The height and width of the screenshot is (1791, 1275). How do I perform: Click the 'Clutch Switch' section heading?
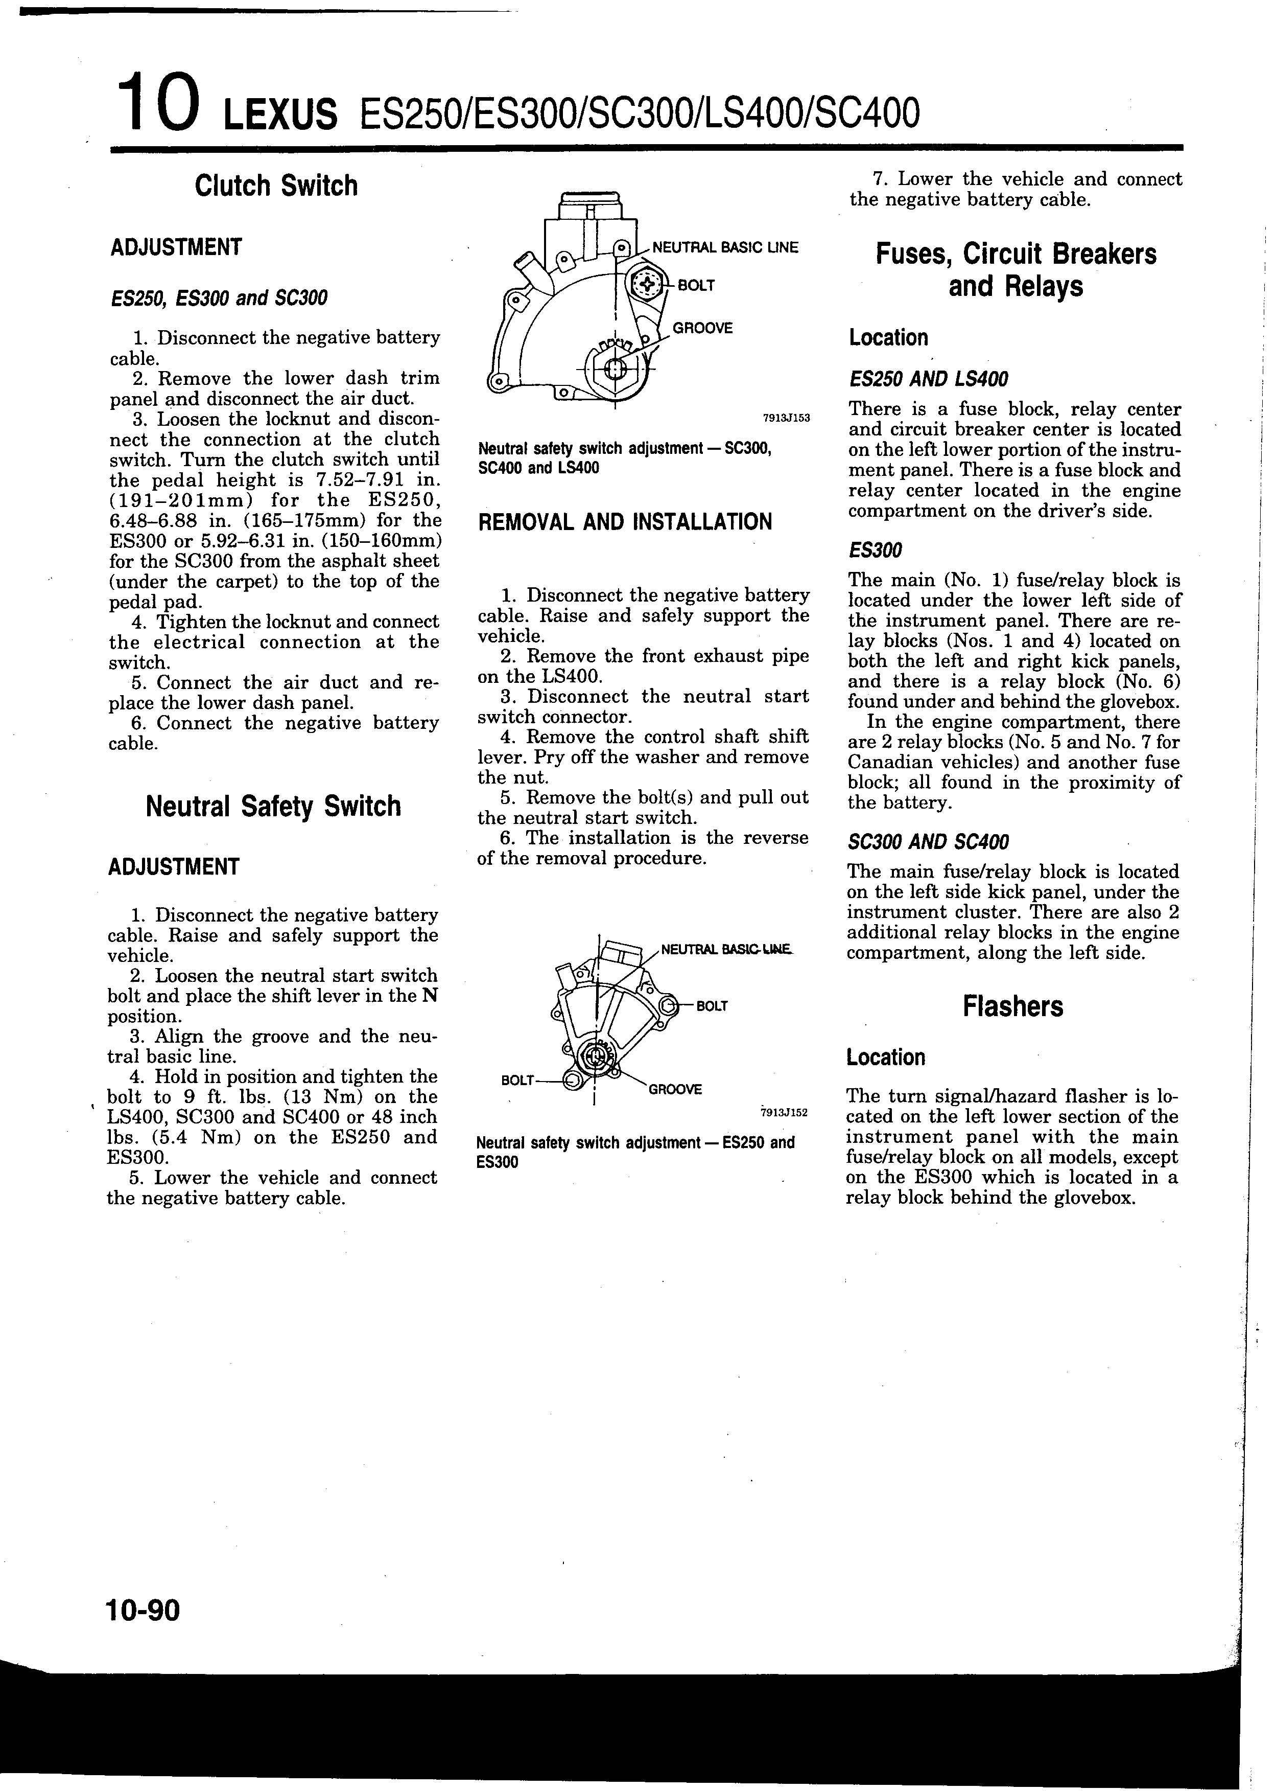point(275,186)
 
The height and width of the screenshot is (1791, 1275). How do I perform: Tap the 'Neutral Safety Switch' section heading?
point(273,806)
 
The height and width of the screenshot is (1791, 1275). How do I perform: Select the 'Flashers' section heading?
point(1013,1006)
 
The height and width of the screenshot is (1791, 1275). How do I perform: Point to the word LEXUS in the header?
point(280,116)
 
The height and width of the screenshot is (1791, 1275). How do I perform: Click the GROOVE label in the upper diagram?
point(702,328)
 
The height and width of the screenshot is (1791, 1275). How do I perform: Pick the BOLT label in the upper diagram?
point(696,285)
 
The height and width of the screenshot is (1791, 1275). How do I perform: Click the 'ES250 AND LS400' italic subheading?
point(928,379)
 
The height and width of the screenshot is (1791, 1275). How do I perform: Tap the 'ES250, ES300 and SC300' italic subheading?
point(219,298)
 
